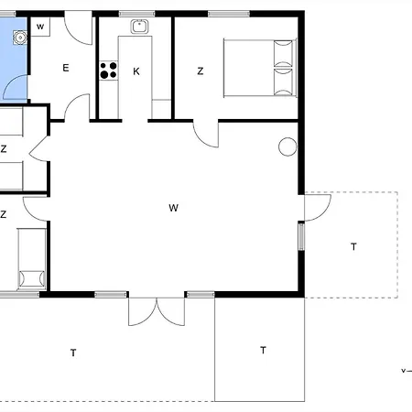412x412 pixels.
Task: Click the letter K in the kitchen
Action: [x=136, y=71]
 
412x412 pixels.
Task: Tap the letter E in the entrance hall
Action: [x=66, y=68]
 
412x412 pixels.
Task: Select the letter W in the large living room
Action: [x=173, y=208]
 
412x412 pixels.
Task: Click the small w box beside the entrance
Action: [x=40, y=27]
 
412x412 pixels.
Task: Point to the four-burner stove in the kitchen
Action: [x=108, y=70]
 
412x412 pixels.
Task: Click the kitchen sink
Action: [x=139, y=27]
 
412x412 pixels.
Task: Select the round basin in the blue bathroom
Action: [x=20, y=38]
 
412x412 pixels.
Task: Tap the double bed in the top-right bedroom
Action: [x=260, y=68]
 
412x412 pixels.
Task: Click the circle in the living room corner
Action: [x=287, y=146]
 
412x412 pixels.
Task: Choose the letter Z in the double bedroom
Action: [x=201, y=71]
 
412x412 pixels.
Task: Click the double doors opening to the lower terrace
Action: [x=157, y=311]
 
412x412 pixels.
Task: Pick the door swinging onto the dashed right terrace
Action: [x=318, y=208]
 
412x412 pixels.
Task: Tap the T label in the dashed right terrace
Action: [x=353, y=246]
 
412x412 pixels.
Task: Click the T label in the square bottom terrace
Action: [x=263, y=350]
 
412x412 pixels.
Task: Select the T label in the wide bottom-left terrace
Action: [x=73, y=352]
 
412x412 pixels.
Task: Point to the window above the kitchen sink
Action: [x=136, y=14]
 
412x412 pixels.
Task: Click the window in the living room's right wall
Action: [x=301, y=237]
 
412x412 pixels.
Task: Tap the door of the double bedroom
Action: [x=206, y=135]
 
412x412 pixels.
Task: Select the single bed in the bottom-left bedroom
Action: [x=32, y=259]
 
